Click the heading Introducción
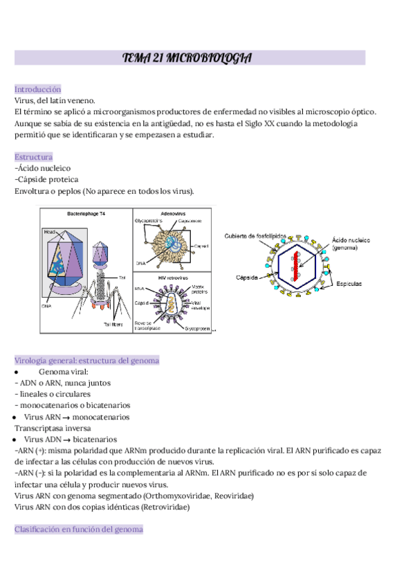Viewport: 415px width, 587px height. pos(37,89)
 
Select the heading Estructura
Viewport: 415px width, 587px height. pos(33,157)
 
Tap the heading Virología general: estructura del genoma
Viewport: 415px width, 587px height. pos(87,361)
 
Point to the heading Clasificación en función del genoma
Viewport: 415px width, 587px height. pos(79,530)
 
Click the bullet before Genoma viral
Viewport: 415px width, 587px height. pos(16,372)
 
